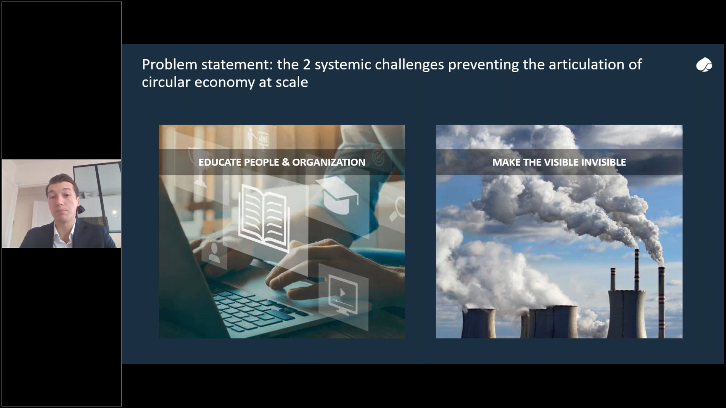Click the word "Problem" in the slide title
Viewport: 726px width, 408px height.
click(x=169, y=65)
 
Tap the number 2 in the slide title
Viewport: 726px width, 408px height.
click(x=306, y=65)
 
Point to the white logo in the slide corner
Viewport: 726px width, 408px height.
click(x=704, y=65)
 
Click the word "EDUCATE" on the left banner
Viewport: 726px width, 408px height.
click(x=219, y=162)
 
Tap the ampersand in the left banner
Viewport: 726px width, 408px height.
click(x=286, y=162)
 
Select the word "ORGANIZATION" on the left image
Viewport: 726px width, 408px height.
click(x=329, y=162)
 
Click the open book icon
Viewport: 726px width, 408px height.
click(x=264, y=218)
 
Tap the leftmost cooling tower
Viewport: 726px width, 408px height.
click(x=479, y=323)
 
